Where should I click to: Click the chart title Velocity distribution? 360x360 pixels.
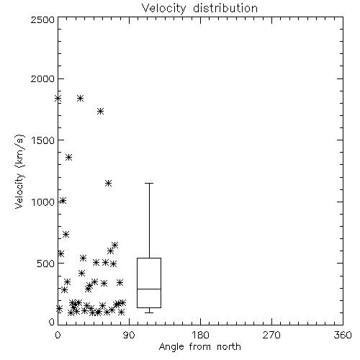pyautogui.click(x=199, y=8)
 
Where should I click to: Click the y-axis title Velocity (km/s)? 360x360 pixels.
pyautogui.click(x=19, y=171)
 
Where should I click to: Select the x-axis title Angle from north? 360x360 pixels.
pyautogui.click(x=199, y=347)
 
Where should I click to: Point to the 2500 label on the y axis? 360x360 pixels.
pyautogui.click(x=42, y=19)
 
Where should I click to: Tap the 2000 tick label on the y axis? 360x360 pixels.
pyautogui.click(x=42, y=78)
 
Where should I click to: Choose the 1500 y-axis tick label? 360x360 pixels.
pyautogui.click(x=43, y=140)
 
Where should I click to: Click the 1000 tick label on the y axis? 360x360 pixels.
pyautogui.click(x=43, y=202)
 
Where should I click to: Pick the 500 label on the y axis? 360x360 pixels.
pyautogui.click(x=46, y=264)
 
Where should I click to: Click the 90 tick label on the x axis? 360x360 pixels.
pyautogui.click(x=129, y=335)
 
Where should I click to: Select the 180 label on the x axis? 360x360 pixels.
pyautogui.click(x=200, y=335)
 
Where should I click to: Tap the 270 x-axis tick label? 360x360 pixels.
pyautogui.click(x=271, y=335)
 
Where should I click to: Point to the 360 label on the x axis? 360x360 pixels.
pyautogui.click(x=343, y=335)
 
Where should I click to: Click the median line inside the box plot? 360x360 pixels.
pyautogui.click(x=149, y=289)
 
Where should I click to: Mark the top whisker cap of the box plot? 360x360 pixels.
pyautogui.click(x=149, y=183)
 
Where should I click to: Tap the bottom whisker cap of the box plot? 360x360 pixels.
pyautogui.click(x=149, y=312)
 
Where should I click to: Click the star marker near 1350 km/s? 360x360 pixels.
pyautogui.click(x=69, y=158)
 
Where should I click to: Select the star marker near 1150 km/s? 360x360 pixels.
pyautogui.click(x=108, y=183)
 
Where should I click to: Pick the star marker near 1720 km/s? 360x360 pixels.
pyautogui.click(x=100, y=111)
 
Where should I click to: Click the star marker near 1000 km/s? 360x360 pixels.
pyautogui.click(x=63, y=201)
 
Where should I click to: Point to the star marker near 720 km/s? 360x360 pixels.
pyautogui.click(x=66, y=234)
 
